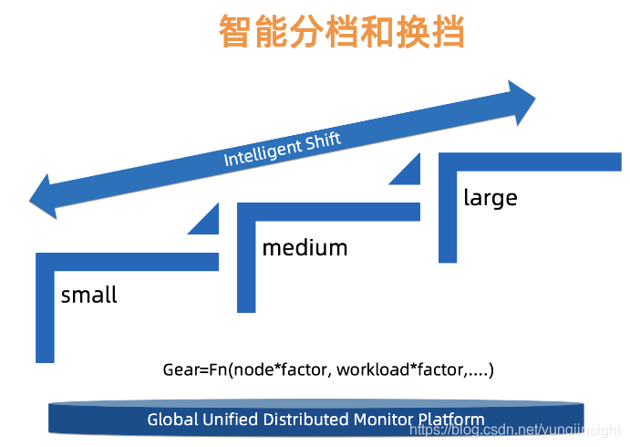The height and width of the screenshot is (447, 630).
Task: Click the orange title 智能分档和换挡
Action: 342,33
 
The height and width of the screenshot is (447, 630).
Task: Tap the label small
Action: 89,296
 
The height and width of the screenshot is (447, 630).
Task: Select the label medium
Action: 305,247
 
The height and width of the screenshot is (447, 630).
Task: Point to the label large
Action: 490,197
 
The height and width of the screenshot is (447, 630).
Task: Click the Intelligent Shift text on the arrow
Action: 283,149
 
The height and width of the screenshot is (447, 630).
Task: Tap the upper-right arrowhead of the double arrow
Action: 522,101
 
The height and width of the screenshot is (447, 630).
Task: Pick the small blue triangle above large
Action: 408,172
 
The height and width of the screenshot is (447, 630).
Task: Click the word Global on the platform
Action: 171,420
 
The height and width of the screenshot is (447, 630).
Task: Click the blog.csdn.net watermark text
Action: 514,429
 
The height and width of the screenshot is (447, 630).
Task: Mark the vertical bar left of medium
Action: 246,265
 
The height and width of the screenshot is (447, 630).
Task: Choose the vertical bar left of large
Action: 448,214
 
